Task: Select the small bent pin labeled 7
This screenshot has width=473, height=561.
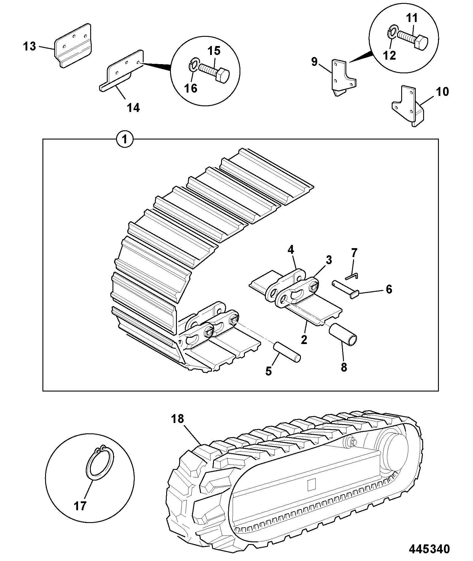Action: (x=352, y=276)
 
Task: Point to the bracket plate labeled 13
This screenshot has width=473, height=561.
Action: (x=73, y=46)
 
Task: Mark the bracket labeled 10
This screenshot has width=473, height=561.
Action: (x=408, y=106)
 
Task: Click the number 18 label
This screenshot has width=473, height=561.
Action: (x=177, y=419)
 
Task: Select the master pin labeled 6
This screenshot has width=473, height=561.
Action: (x=345, y=287)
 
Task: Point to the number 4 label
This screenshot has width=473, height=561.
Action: (x=291, y=250)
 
